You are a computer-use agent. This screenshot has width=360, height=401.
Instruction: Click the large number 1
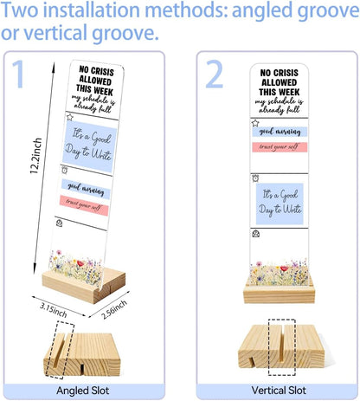pos(18,74)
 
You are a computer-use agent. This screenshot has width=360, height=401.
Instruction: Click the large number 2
pos(215,74)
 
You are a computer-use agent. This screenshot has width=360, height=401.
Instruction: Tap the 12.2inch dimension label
pos(36,156)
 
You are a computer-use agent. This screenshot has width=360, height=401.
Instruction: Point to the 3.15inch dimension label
pos(54,310)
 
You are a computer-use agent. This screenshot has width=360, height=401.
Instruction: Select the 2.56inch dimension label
pos(114,309)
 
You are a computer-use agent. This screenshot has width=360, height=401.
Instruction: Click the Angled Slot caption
pos(83,391)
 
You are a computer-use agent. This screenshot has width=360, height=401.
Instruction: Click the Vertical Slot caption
pos(279,391)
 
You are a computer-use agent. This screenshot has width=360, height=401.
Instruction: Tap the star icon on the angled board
pos(70,117)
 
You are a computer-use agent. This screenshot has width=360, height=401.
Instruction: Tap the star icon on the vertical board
pos(255,123)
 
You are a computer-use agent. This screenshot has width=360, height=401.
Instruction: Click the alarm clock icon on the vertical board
pos(255,178)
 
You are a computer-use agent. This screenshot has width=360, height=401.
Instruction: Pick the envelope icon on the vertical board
pos(256,233)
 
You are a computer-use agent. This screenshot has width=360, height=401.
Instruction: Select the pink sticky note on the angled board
pos(84,205)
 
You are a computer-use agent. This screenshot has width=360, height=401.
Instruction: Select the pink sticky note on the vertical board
pos(280,147)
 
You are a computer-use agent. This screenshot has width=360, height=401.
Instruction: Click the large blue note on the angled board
pos(89,147)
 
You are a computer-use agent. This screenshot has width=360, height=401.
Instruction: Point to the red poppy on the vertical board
pos(285,268)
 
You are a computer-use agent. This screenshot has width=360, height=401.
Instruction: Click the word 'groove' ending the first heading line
pos(328,11)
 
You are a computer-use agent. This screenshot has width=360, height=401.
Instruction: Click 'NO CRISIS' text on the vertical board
pos(279,73)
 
